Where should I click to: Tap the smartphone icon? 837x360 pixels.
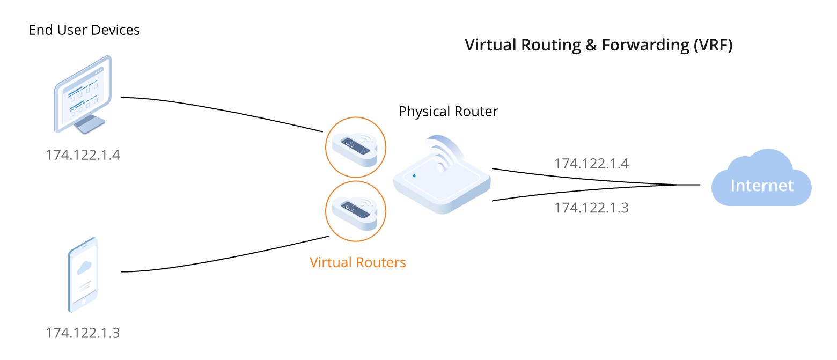point(83,274)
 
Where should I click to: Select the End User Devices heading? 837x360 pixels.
point(84,30)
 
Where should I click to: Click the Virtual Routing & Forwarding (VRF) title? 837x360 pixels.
point(598,45)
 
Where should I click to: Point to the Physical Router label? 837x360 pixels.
point(448,112)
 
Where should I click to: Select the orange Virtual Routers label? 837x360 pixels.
point(358,262)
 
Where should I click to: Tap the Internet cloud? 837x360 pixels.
point(761,180)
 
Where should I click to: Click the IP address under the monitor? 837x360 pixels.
point(83,155)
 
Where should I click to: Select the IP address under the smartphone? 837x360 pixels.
point(83,333)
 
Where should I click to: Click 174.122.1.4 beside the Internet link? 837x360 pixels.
point(591,163)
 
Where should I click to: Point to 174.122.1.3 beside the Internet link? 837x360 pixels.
point(591,207)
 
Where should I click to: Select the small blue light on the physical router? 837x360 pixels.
point(414,175)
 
